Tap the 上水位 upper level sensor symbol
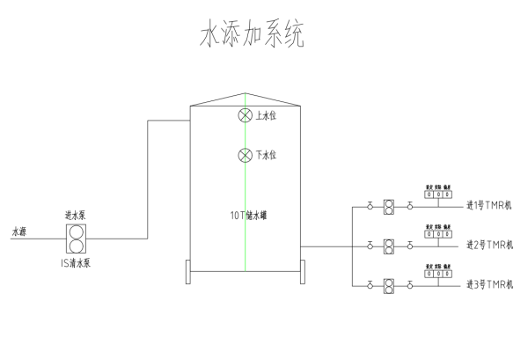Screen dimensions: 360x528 coord(246,116)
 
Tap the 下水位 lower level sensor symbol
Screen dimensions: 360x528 coord(246,156)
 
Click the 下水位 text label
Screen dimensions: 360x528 coord(267,156)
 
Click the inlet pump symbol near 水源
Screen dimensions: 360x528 coord(77,238)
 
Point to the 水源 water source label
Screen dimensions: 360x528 coord(19,232)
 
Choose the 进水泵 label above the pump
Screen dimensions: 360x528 coord(75,215)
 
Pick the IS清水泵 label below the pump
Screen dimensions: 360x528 coord(77,261)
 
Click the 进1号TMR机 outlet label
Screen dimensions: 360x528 coord(489,207)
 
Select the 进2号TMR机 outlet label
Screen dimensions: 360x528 coord(489,245)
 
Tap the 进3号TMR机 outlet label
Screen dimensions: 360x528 coord(489,284)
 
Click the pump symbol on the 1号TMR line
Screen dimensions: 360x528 coord(389,207)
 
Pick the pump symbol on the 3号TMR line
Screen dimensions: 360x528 coord(389,284)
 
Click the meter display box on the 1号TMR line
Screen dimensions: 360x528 coord(438,195)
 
